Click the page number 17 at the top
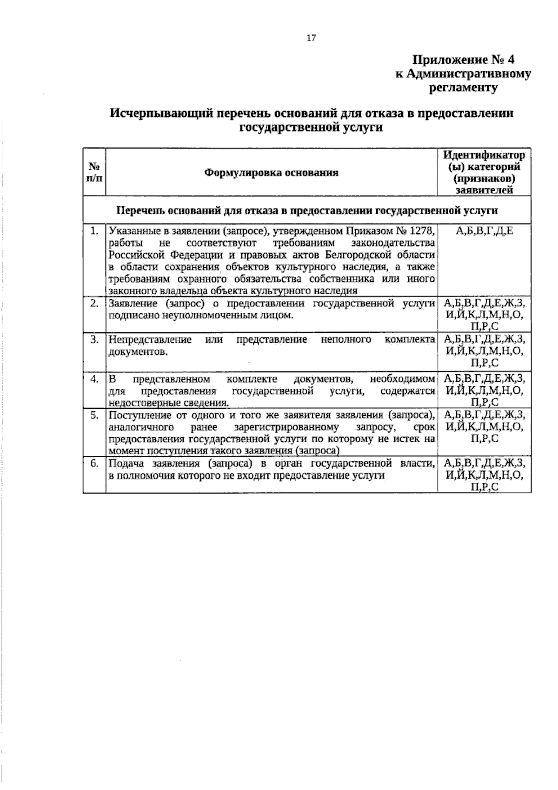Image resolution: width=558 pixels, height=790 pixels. tap(311, 38)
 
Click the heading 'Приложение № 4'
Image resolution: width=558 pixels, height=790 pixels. tap(464, 60)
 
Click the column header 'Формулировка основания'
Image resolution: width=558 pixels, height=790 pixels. tap(271, 173)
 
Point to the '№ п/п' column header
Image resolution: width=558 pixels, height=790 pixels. tap(94, 172)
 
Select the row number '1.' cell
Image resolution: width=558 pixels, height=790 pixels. tap(95, 231)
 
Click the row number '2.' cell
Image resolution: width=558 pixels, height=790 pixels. tap(95, 304)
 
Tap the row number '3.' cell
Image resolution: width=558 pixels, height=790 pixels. tap(95, 340)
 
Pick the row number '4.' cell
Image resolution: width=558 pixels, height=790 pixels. tap(95, 379)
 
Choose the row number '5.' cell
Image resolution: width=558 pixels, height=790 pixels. tap(95, 415)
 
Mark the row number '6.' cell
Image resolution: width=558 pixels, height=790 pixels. tap(95, 464)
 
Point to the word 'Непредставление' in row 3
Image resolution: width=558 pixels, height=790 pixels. tap(150, 340)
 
